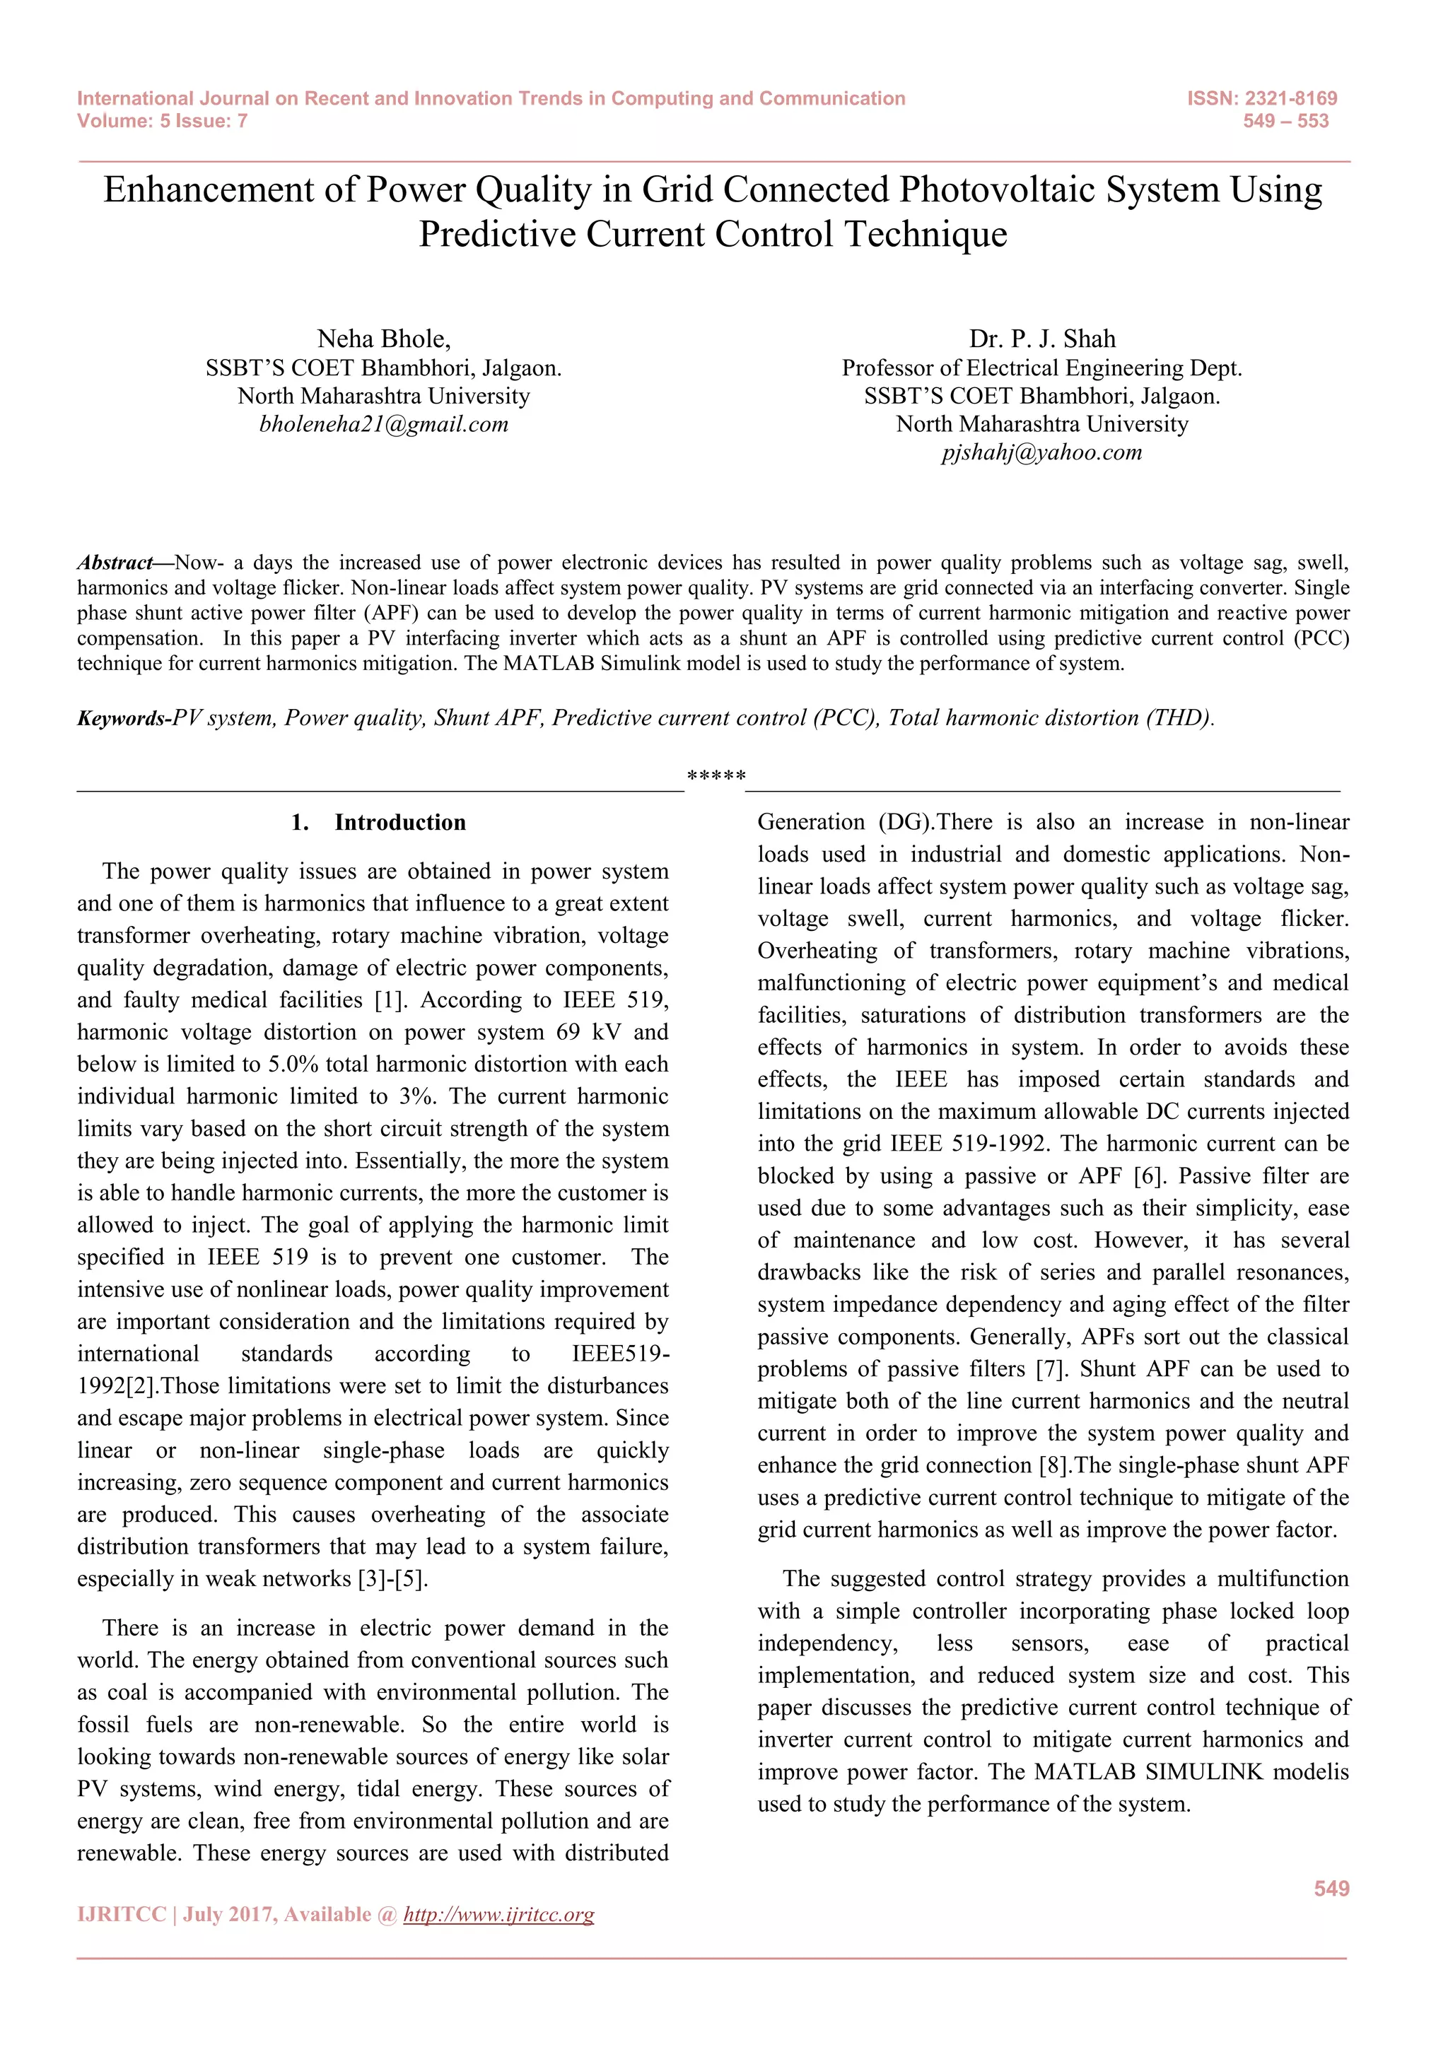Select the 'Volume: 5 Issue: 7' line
163,122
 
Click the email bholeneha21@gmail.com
383,424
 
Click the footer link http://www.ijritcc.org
498,1914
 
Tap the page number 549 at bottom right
1331,1888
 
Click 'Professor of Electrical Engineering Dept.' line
1041,368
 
